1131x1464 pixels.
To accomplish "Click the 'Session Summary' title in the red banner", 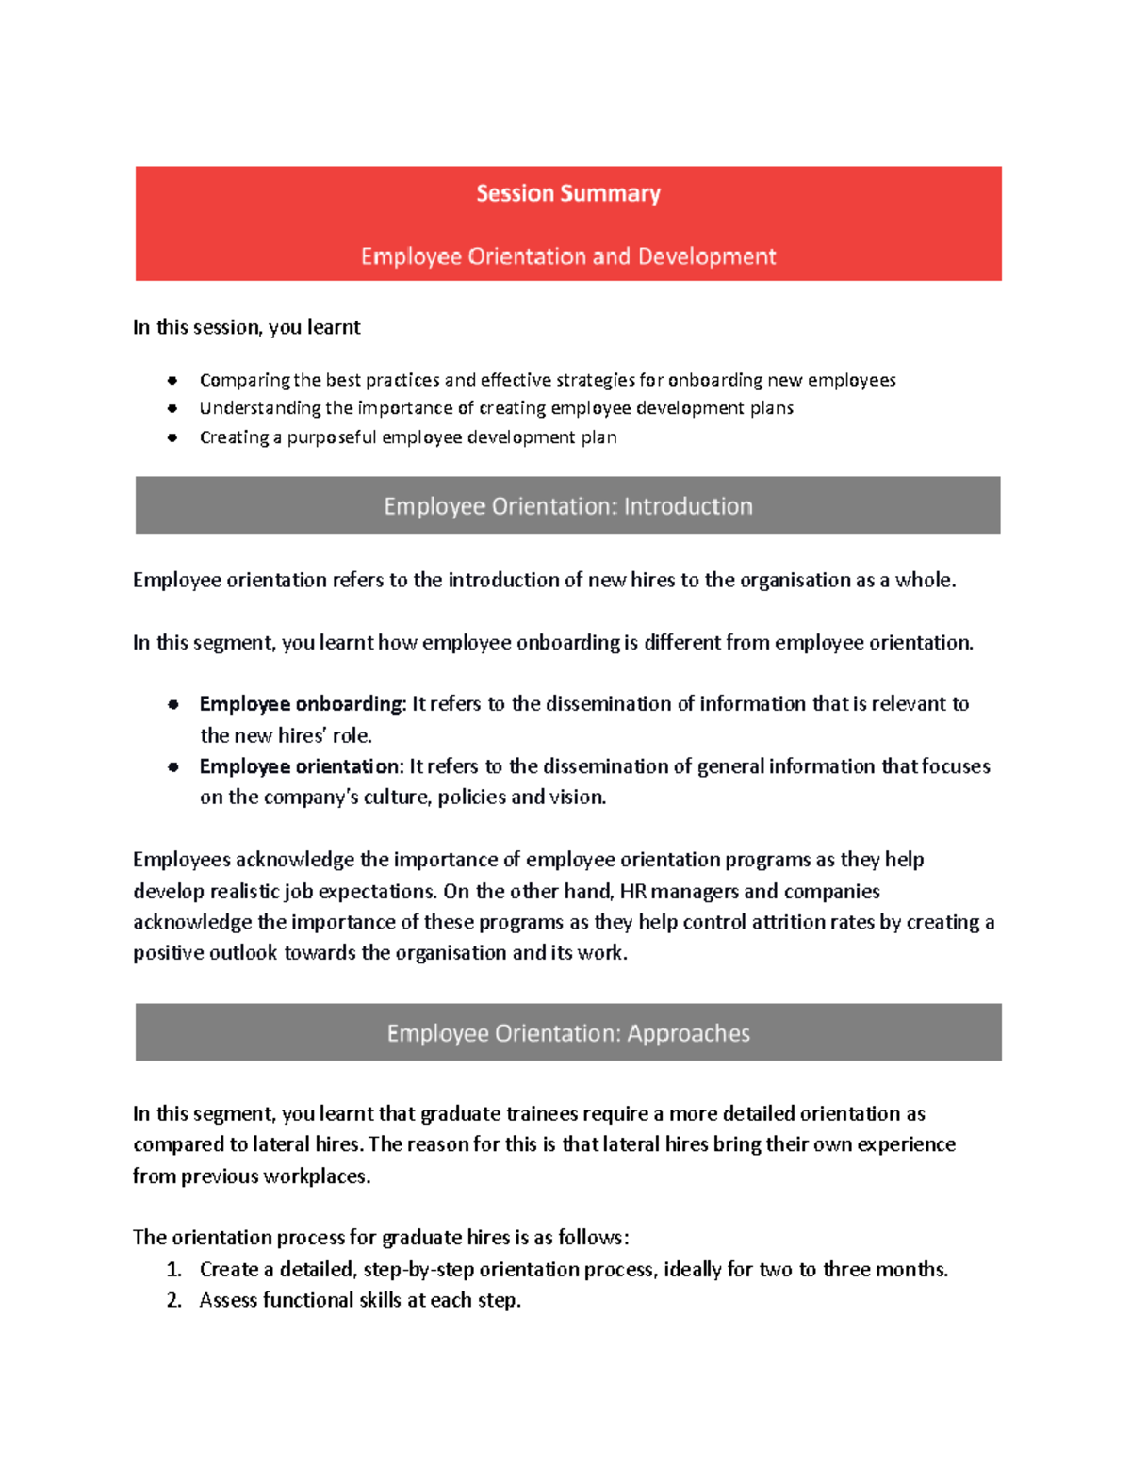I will click(x=567, y=194).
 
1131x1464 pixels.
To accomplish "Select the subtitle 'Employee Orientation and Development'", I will click(x=567, y=256).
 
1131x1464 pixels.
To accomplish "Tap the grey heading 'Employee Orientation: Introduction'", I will click(x=567, y=506).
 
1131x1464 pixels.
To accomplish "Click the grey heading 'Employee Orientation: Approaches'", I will click(x=567, y=1033).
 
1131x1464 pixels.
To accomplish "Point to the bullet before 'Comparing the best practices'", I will click(x=172, y=381).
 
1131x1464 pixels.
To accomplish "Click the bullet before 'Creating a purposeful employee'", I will click(x=172, y=437).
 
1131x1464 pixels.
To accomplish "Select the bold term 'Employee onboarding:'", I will click(x=303, y=704).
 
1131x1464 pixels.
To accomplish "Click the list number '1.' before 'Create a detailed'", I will click(x=173, y=1270).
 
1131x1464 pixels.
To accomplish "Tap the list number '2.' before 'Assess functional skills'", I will click(x=173, y=1301).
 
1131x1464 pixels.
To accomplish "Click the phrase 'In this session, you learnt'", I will click(x=246, y=327).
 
